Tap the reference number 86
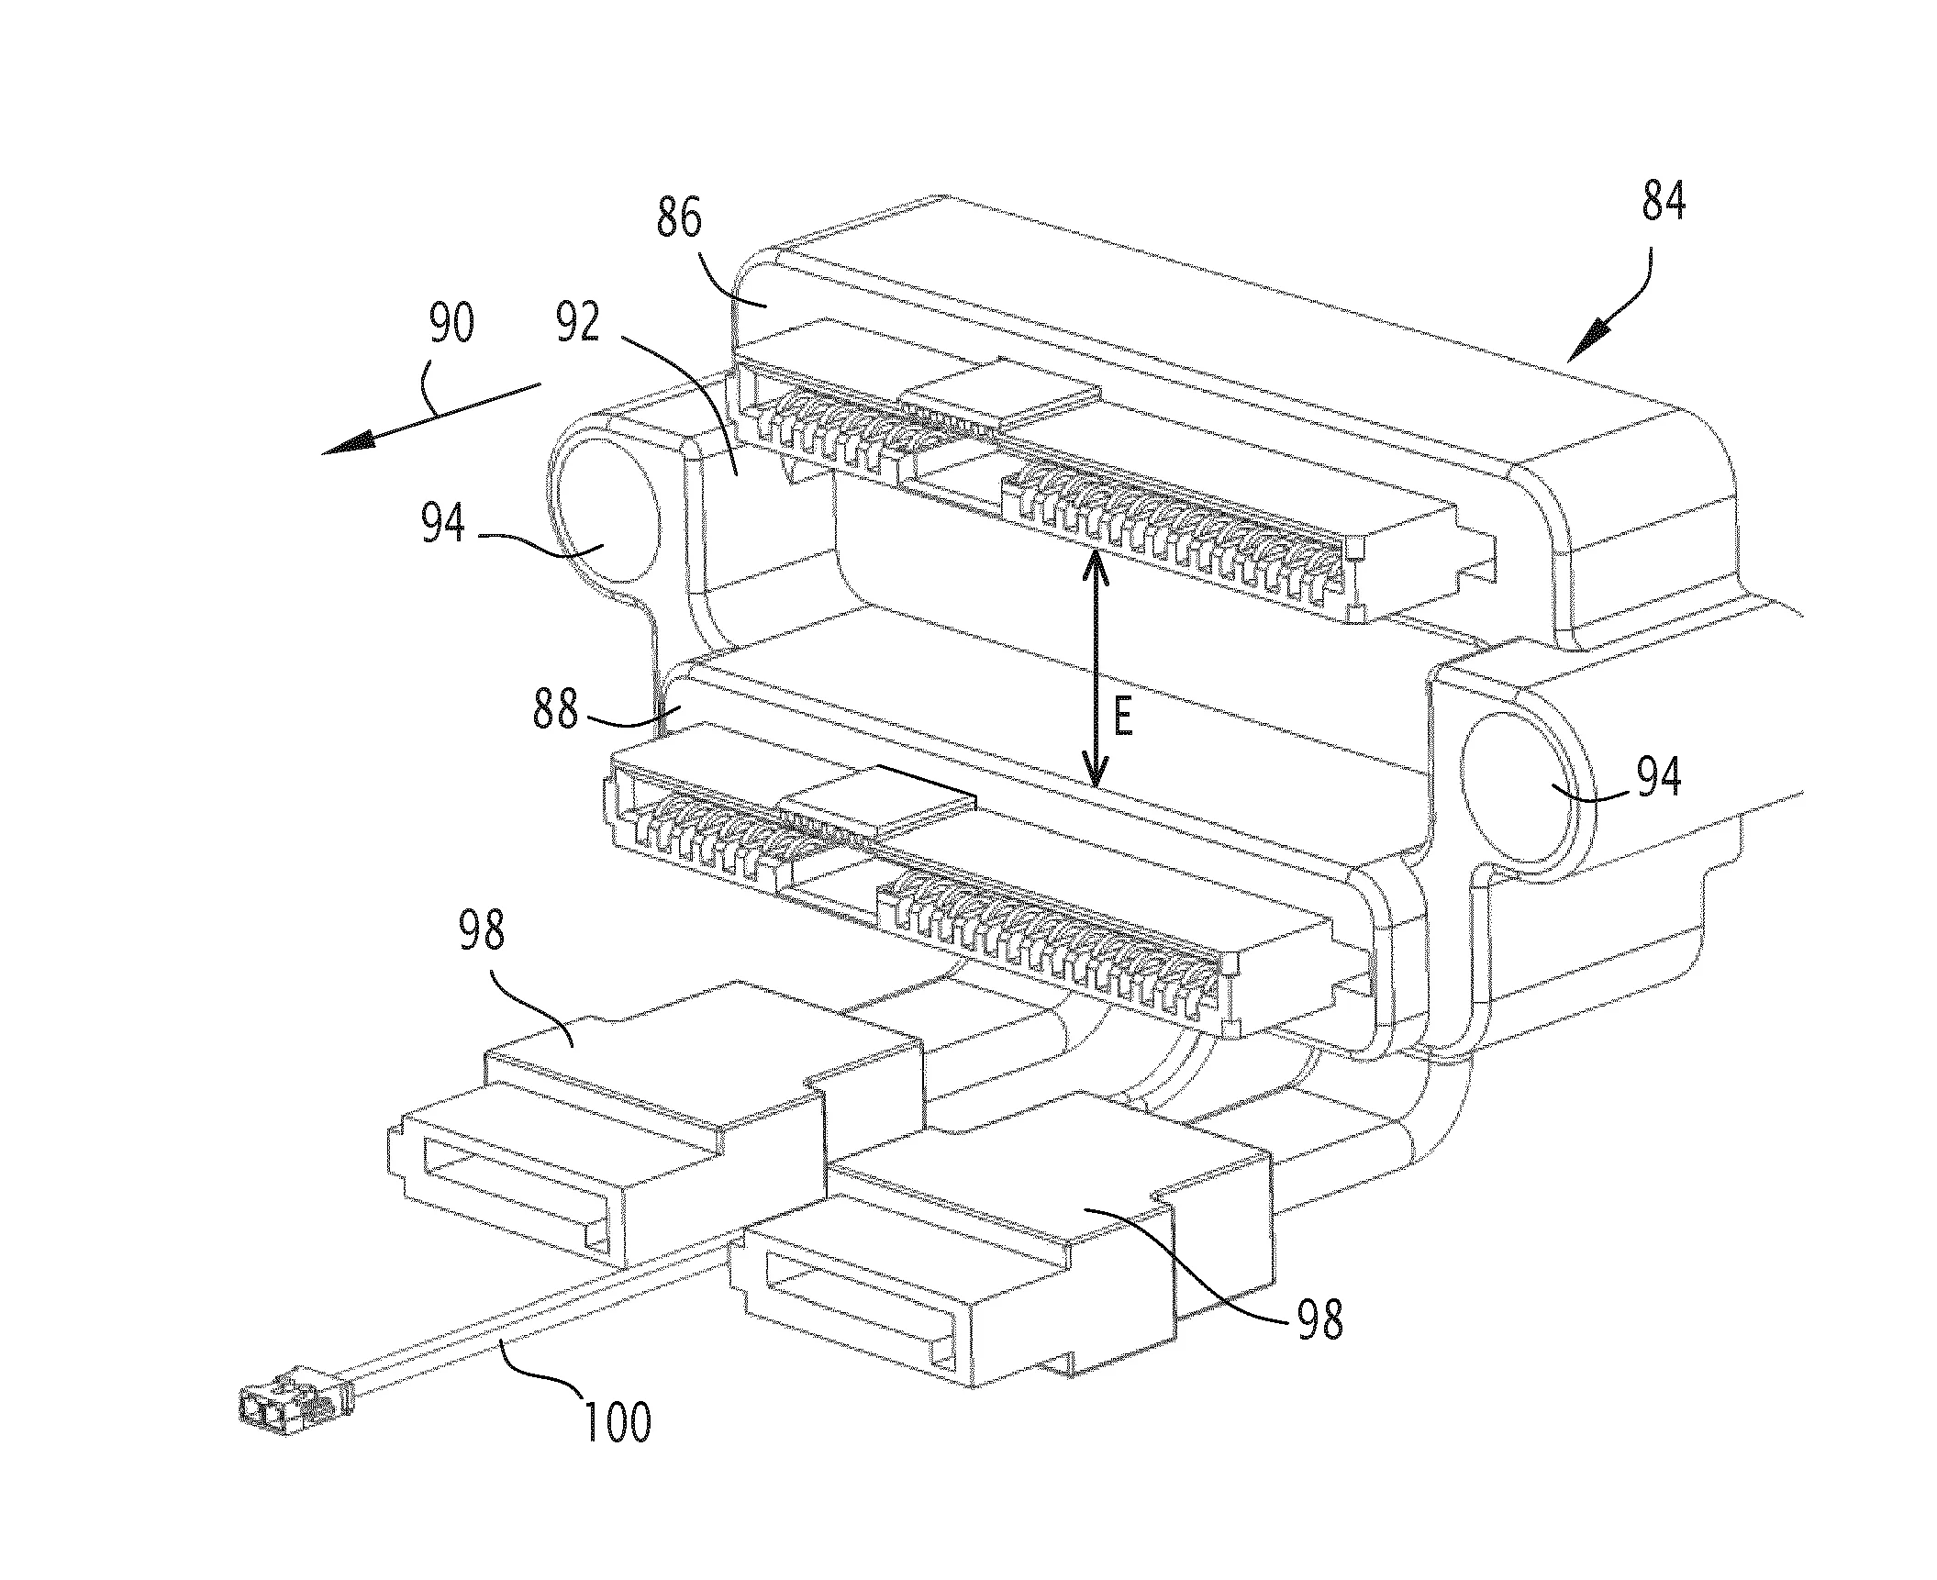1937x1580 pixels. point(680,220)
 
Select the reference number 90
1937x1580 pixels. point(451,323)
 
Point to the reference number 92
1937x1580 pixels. point(578,323)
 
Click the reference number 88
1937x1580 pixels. point(555,709)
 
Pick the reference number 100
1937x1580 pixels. point(617,1421)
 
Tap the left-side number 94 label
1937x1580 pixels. point(444,525)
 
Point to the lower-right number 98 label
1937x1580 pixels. point(1319,1319)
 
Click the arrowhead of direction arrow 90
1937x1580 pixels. point(350,442)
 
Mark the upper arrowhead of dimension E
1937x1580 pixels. point(1093,567)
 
